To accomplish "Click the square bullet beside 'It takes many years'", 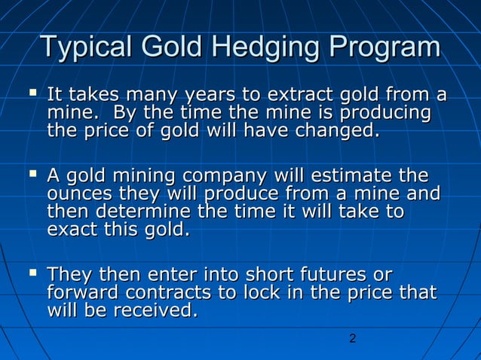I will [31, 95].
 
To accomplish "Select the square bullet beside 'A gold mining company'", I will [31, 176].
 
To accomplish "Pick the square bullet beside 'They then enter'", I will [31, 274].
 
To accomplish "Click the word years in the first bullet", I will [204, 96].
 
